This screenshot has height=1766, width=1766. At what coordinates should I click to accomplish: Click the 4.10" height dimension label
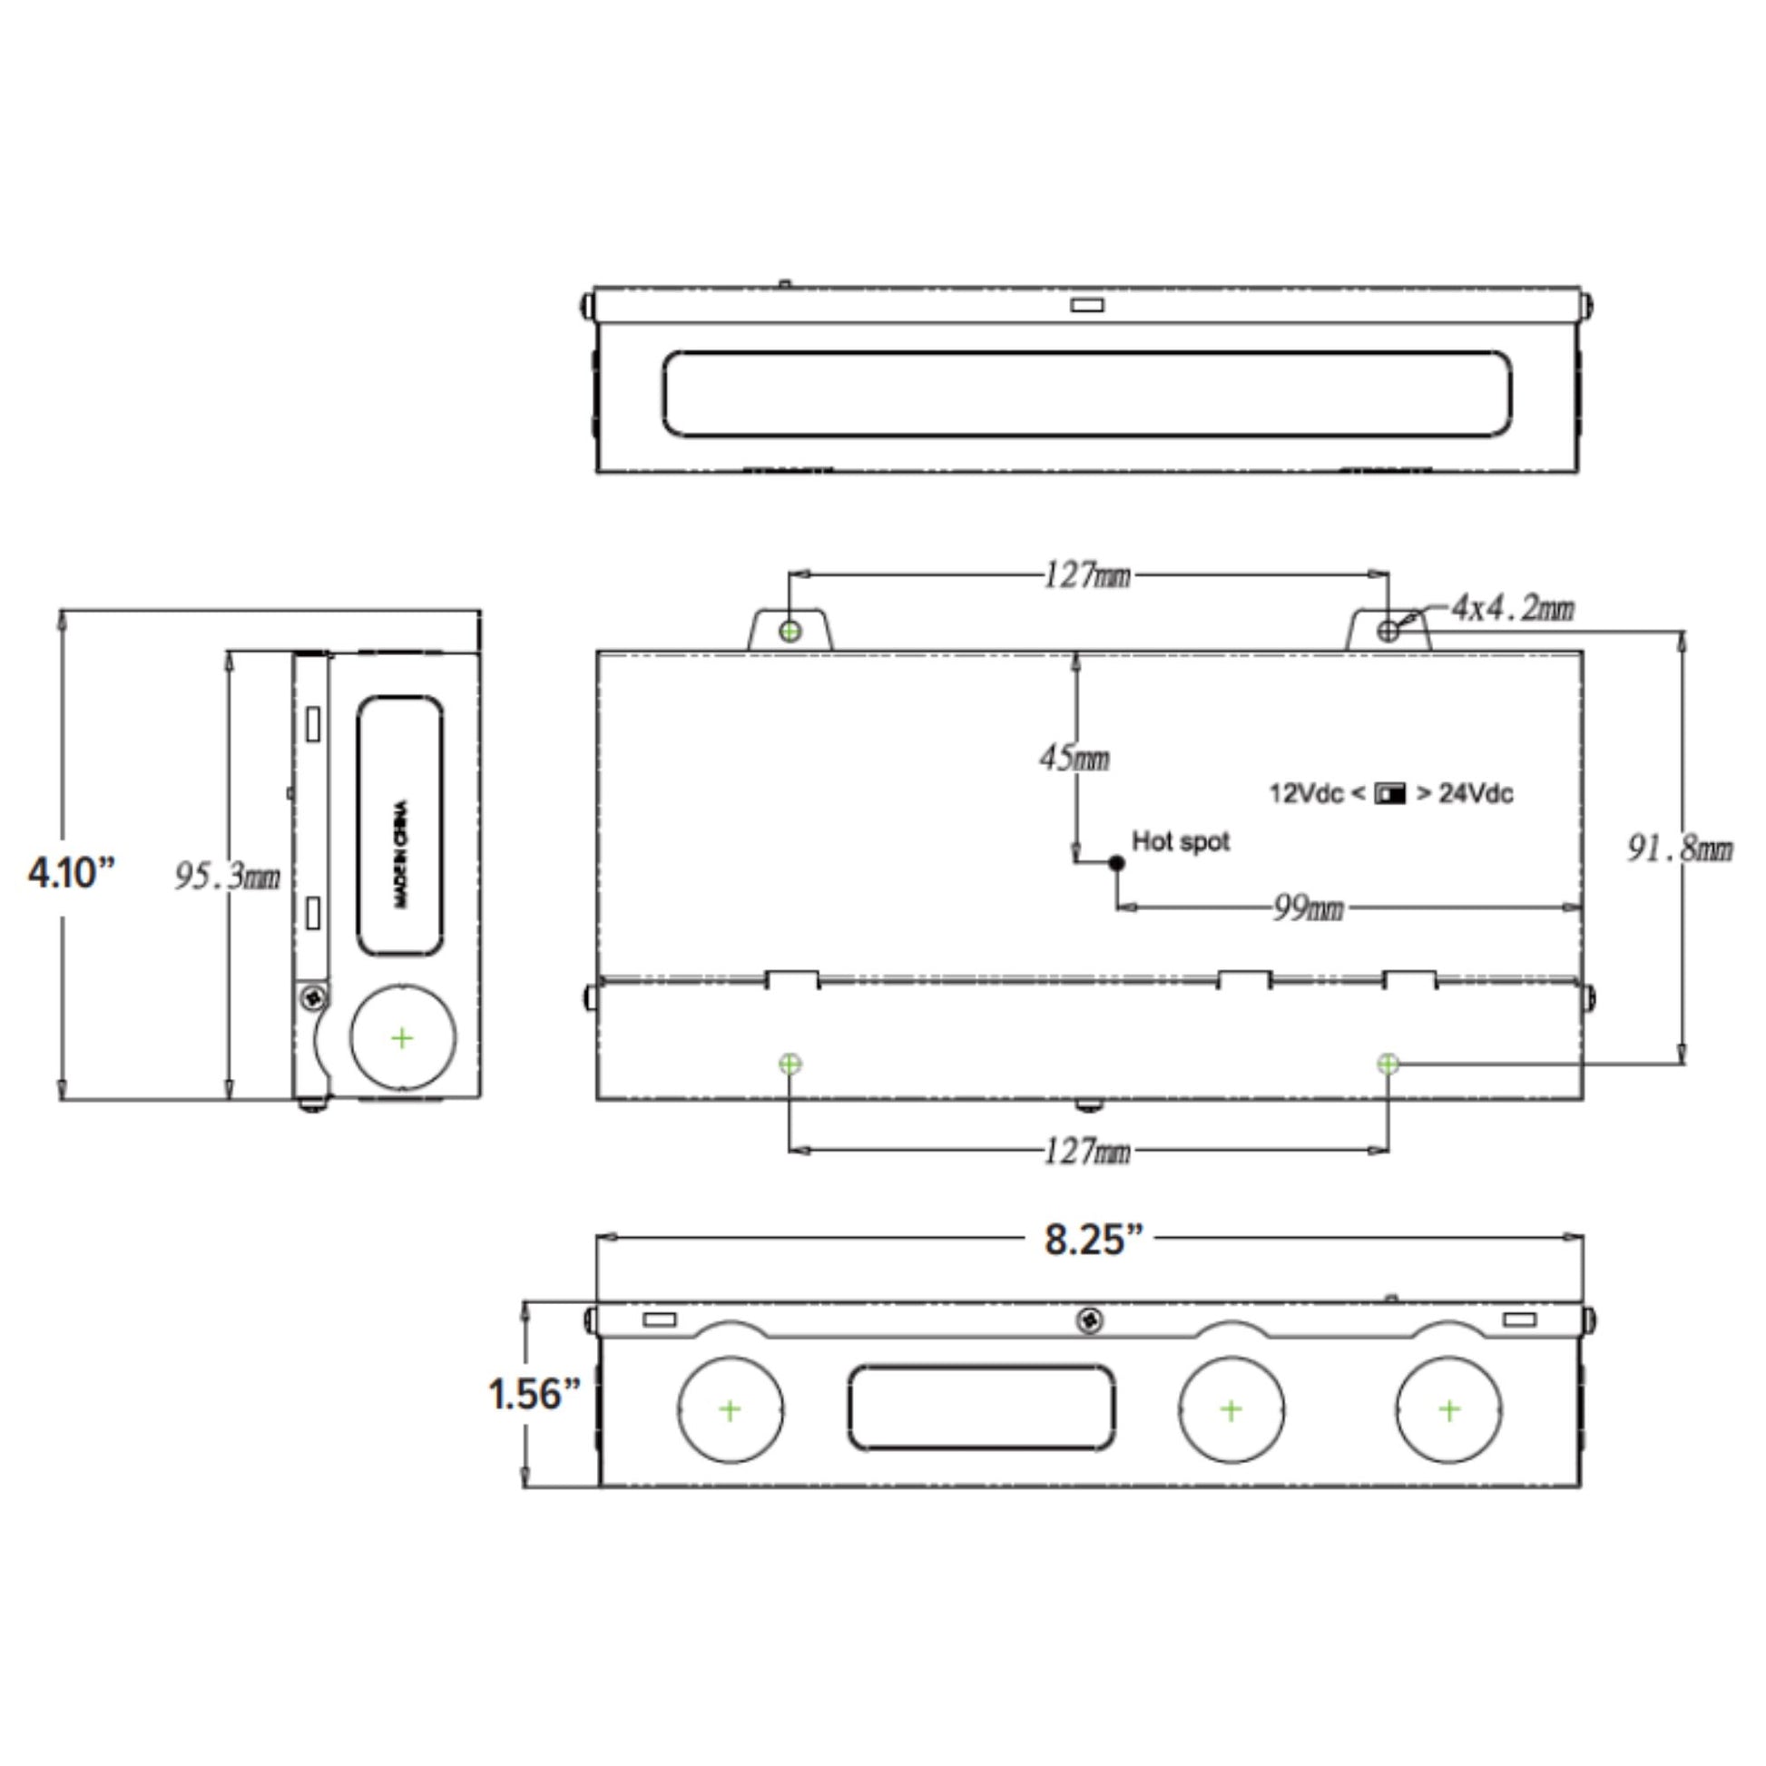[x=73, y=873]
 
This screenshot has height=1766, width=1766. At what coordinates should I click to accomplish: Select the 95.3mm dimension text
[x=228, y=877]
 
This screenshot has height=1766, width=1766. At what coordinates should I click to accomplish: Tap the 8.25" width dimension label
[x=1094, y=1240]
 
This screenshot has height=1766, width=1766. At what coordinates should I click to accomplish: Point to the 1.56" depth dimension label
[x=534, y=1394]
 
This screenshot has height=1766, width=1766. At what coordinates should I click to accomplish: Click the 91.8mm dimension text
[x=1679, y=849]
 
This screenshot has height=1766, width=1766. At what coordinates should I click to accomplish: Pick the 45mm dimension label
[x=1074, y=758]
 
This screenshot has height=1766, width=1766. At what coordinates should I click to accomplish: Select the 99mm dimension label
[x=1309, y=908]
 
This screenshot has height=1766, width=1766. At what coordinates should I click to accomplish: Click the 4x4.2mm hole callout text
[x=1513, y=607]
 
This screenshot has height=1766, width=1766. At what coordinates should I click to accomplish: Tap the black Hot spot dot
[x=1116, y=862]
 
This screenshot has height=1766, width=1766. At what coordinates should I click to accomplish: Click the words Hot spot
[x=1181, y=841]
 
